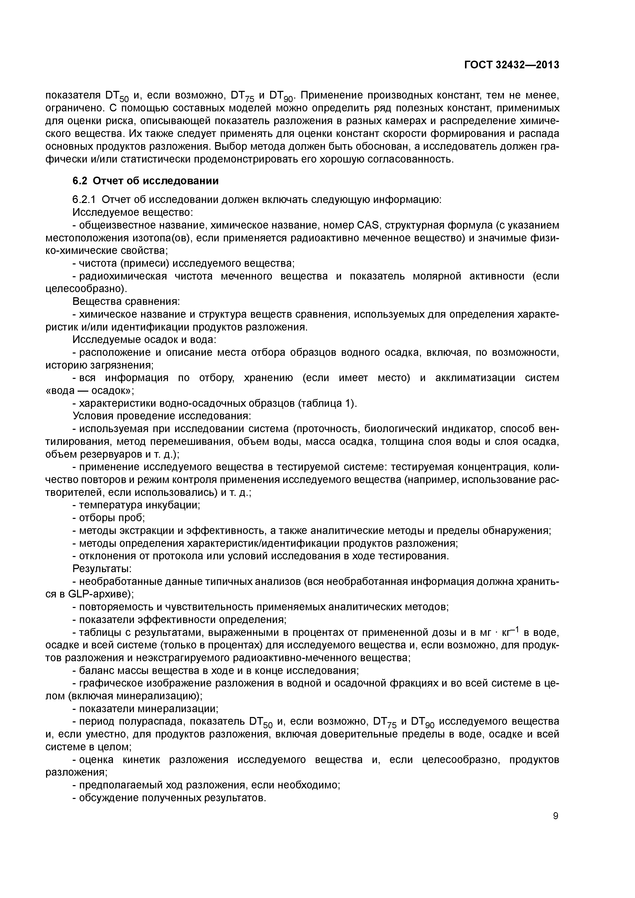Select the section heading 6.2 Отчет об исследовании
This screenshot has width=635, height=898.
tap(145, 181)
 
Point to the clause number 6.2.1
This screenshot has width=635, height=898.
tap(84, 200)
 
